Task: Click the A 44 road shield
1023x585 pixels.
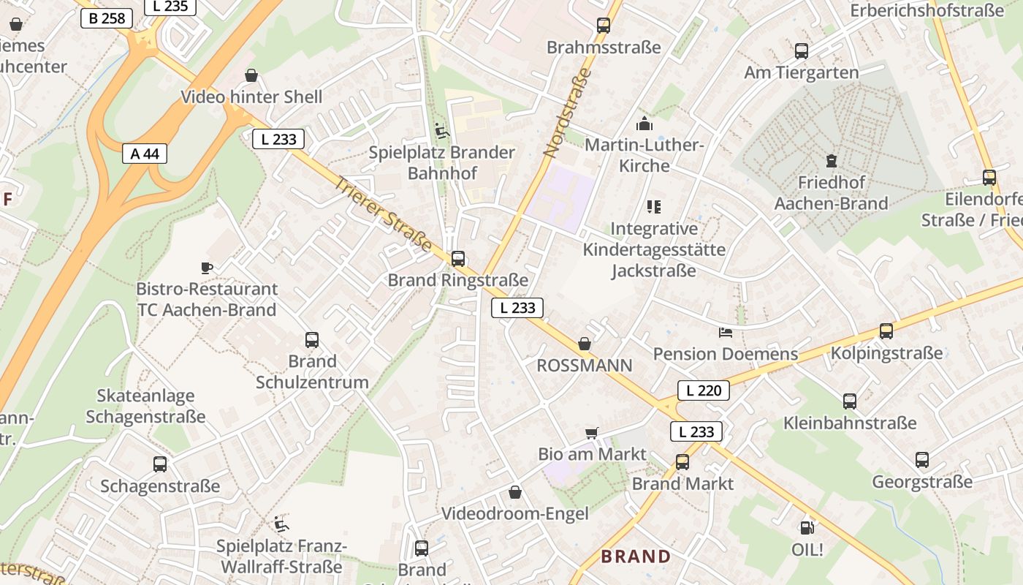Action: (145, 154)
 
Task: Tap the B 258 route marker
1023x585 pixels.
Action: (107, 18)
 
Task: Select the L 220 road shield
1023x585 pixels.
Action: (704, 390)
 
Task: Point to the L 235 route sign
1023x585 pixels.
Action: (170, 7)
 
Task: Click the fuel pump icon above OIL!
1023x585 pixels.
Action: (807, 527)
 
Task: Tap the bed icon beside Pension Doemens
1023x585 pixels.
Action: (725, 333)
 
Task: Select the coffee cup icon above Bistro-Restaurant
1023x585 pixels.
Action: (207, 268)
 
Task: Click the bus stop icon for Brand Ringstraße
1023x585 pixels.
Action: (458, 259)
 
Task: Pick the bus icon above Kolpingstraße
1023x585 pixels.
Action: (886, 331)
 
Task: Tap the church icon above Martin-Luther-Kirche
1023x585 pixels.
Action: (644, 124)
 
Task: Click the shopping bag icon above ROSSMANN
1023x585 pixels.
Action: (585, 344)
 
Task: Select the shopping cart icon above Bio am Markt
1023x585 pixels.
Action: (592, 433)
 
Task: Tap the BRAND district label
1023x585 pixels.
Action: (636, 556)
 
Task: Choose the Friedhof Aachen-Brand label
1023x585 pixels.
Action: (832, 192)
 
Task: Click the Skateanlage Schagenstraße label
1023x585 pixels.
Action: (145, 406)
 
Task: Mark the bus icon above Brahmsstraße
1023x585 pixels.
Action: (604, 26)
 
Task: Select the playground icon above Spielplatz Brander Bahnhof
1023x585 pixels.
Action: (441, 131)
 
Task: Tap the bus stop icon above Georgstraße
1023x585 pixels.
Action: (922, 460)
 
